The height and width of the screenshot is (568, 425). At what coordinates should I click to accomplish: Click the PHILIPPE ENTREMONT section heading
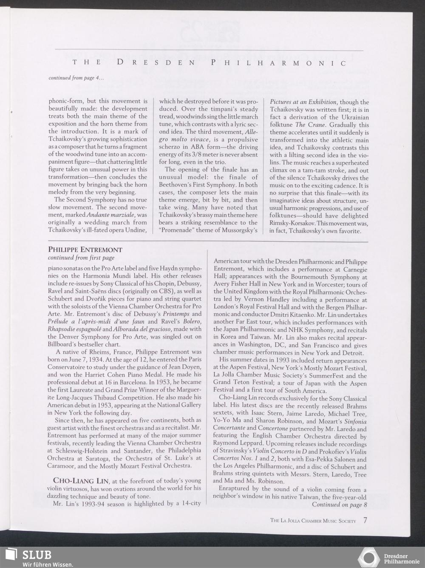(x=85, y=250)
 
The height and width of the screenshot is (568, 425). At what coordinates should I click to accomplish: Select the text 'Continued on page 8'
(x=339, y=505)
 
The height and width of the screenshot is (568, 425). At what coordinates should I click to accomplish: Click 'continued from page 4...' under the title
(x=76, y=78)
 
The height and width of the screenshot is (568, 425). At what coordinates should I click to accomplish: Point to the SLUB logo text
(x=37, y=555)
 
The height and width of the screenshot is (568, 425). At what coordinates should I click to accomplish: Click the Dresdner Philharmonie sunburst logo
(x=369, y=558)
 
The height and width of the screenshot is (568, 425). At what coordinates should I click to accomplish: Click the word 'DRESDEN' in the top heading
(x=156, y=63)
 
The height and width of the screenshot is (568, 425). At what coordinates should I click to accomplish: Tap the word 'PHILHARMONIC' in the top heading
(x=278, y=63)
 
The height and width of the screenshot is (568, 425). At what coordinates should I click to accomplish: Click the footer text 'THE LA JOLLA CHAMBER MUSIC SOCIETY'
(x=313, y=521)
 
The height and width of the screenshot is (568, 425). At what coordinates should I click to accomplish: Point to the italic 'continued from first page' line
(x=81, y=258)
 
